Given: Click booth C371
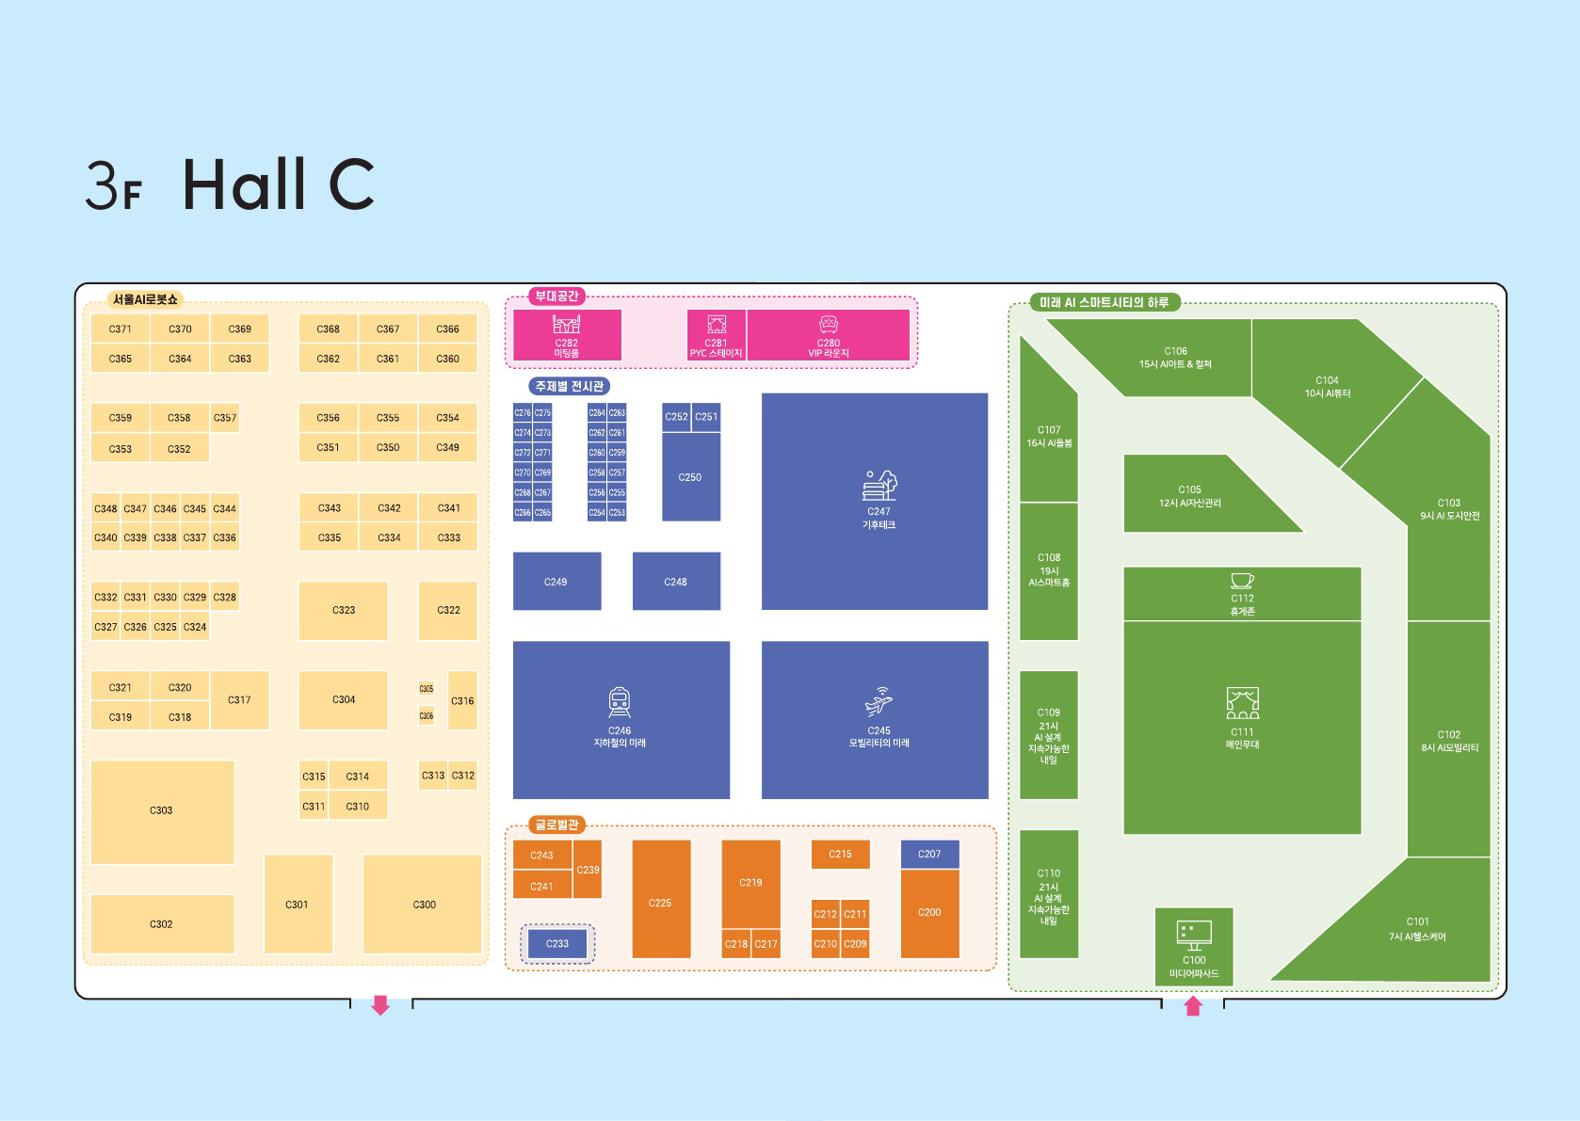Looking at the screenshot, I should pos(121,329).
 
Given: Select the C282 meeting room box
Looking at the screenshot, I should pos(567,335).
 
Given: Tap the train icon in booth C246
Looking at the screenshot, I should pos(620,702).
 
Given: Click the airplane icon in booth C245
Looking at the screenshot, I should pos(879,701).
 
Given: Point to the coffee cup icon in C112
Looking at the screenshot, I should pos(1242,581).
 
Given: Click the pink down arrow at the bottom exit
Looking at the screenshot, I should pos(380,1005).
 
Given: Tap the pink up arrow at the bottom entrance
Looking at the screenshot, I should pos(1193,1006).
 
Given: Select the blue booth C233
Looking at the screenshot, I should pos(557,943).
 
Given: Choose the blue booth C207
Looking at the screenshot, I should pos(929,854).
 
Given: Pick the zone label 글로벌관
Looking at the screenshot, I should pos(557,825).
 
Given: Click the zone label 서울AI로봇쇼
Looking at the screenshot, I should pos(145,299).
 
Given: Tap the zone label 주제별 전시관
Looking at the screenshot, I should pos(569,386).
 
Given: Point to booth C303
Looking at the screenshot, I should pos(162,810).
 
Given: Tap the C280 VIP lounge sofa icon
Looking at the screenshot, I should pos(829,325).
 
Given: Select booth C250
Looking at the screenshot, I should pos(690,476).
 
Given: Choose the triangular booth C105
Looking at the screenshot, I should pos(1191,495).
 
